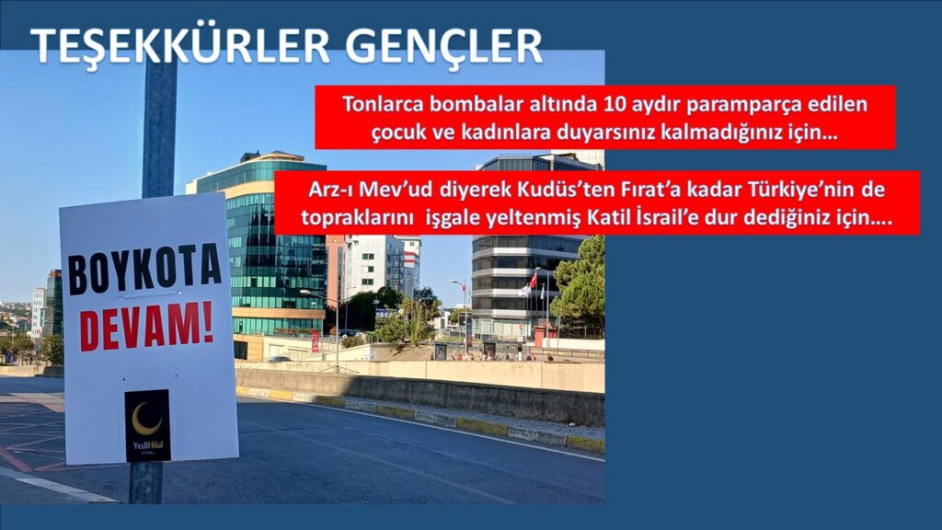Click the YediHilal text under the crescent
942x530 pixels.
147,445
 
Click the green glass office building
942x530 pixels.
267,248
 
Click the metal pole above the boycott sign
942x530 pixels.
159,129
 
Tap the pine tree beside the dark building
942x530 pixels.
580,285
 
